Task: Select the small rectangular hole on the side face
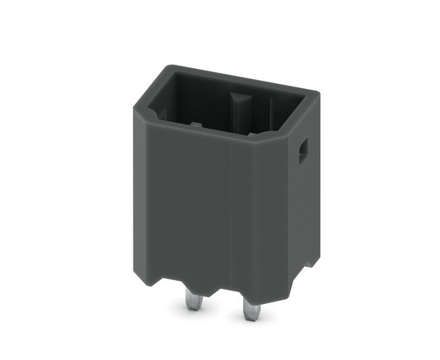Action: click(x=303, y=151)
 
